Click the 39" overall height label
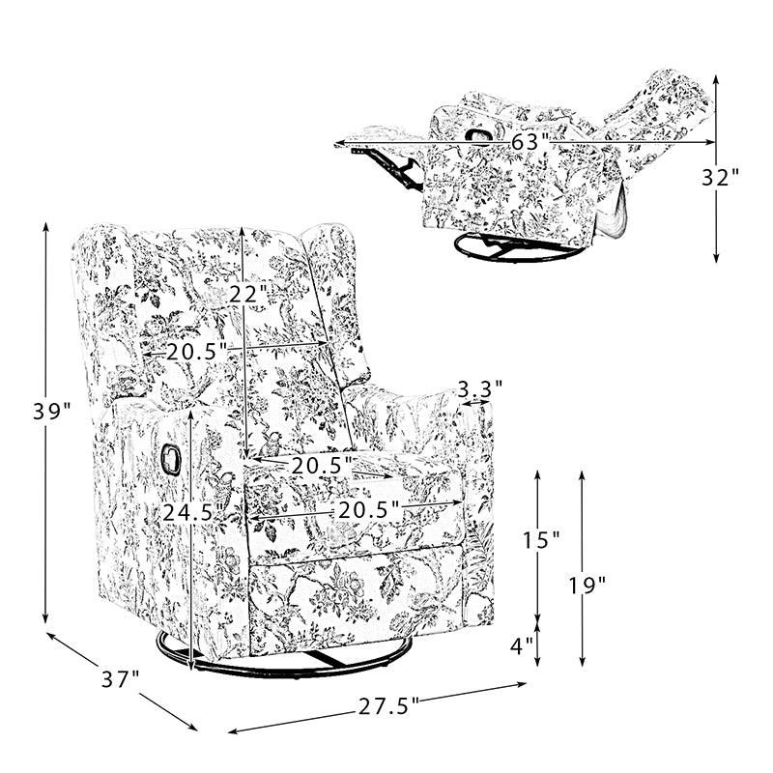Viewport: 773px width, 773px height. [52, 412]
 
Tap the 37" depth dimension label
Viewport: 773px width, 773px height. [121, 680]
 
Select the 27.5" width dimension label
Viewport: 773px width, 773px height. [388, 707]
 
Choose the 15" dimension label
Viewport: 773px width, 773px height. [541, 540]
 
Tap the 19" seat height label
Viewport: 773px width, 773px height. [587, 586]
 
